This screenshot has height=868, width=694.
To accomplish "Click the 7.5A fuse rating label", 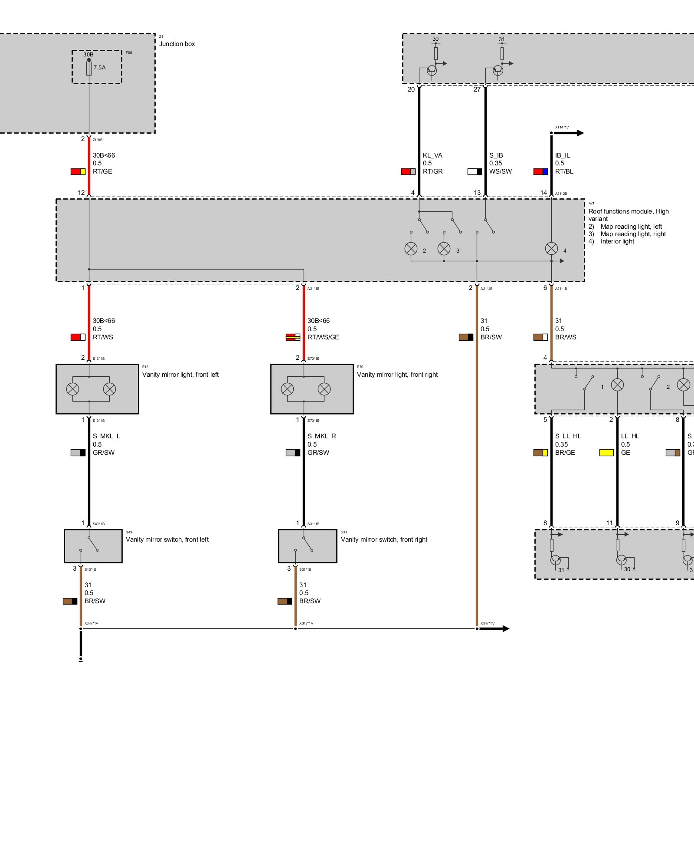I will (x=99, y=67).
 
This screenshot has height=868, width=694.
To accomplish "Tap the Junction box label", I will (x=177, y=44).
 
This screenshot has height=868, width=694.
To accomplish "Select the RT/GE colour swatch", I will (x=78, y=171).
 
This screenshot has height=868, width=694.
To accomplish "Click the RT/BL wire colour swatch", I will (x=540, y=171).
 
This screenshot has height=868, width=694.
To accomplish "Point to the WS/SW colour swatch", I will (x=475, y=171).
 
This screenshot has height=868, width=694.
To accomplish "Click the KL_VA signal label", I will (x=432, y=155).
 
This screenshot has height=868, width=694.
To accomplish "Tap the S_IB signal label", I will (x=496, y=155).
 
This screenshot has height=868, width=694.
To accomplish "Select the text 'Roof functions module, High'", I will (x=629, y=211).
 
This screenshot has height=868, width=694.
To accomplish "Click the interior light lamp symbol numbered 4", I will (x=551, y=249).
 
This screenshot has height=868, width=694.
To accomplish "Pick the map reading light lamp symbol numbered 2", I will (x=411, y=249).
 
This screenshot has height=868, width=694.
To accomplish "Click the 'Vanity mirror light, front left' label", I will (x=180, y=375).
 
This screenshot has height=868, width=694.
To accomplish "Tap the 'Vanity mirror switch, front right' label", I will (x=384, y=539).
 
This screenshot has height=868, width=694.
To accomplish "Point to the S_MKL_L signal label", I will (x=106, y=436).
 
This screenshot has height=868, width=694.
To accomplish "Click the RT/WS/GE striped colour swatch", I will (x=293, y=337).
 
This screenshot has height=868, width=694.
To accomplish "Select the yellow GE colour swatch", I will (x=606, y=453).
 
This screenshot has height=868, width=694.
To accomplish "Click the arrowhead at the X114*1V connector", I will (x=580, y=133).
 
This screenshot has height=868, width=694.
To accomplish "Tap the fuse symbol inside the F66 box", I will (x=89, y=68).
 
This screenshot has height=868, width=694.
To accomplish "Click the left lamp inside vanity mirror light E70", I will (x=287, y=389).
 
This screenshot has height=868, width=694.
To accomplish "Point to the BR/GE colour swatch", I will (x=540, y=453).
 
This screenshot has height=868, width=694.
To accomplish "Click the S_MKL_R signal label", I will (x=321, y=436).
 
